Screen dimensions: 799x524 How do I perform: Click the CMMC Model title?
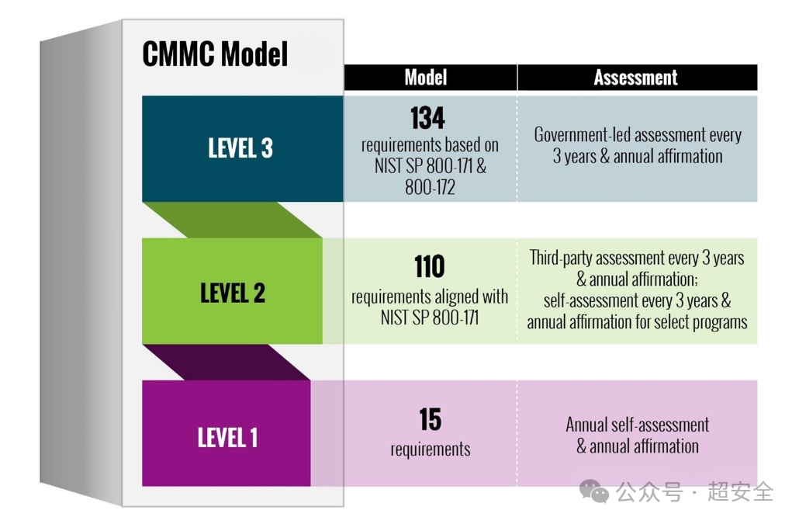click(215, 54)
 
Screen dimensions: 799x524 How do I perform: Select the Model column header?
click(426, 78)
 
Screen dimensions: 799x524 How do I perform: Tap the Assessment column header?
click(635, 78)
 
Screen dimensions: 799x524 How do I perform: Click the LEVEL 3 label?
click(240, 148)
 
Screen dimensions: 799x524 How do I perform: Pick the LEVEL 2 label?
click(233, 293)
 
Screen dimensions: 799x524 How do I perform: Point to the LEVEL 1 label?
click(227, 438)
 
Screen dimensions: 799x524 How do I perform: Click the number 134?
click(427, 118)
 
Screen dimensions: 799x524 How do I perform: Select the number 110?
click(429, 266)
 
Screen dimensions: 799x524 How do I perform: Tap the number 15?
click(430, 419)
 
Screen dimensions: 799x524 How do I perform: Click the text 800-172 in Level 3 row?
click(430, 188)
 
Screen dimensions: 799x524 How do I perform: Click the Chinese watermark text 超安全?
click(740, 491)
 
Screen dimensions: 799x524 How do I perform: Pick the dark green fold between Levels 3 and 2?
click(232, 220)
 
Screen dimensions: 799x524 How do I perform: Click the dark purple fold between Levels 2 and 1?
click(227, 363)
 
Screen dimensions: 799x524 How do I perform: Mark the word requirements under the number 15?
click(430, 449)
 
